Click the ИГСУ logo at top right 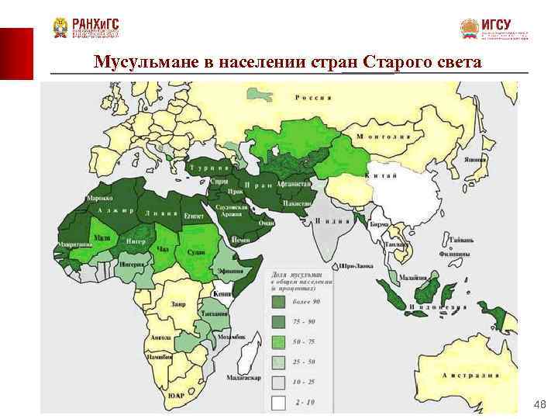(494, 29)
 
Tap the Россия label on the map (313, 98)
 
